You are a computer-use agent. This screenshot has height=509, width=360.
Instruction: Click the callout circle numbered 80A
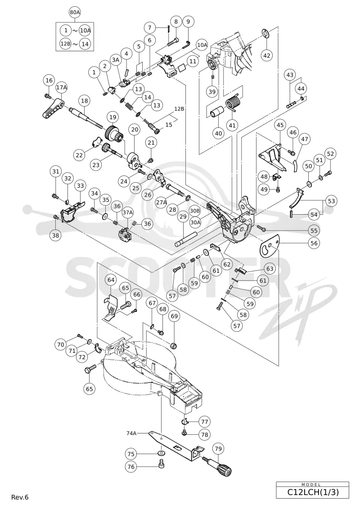click(x=75, y=12)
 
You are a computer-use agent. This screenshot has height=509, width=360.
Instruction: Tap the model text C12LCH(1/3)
click(x=313, y=492)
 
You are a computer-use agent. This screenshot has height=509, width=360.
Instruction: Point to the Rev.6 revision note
click(x=20, y=497)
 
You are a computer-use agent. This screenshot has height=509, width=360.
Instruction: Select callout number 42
click(x=266, y=55)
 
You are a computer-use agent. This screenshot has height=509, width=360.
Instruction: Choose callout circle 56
click(x=314, y=243)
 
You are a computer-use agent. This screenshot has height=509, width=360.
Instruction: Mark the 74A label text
click(x=132, y=432)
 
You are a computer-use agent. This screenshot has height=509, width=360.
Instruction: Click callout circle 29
click(x=184, y=216)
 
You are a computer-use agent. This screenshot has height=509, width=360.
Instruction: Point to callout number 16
click(x=49, y=80)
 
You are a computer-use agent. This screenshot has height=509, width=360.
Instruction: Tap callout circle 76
click(x=131, y=467)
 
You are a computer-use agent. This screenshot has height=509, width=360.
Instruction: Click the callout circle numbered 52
click(x=330, y=154)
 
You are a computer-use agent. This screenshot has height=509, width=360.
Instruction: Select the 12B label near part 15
click(x=179, y=109)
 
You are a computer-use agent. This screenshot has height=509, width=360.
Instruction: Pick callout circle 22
click(x=80, y=156)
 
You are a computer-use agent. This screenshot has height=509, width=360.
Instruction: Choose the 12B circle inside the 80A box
click(x=66, y=44)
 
